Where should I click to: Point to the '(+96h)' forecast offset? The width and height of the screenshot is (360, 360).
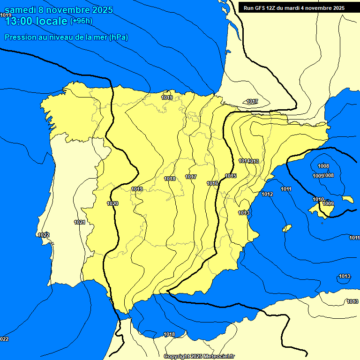pos(81,21)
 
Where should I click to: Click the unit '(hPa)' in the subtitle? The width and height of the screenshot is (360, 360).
pos(119,37)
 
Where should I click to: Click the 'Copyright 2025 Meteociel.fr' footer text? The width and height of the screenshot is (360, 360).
pos(199,356)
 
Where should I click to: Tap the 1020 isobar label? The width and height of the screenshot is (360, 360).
pos(112,203)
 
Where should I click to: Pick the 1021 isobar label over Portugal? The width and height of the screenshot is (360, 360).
pos(80,222)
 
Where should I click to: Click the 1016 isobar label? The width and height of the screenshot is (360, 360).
pos(212,183)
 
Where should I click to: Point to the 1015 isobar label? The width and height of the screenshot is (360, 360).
pos(231,176)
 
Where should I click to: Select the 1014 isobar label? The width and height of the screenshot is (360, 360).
pos(243,161)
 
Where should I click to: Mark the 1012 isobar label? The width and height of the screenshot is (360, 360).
pos(267,194)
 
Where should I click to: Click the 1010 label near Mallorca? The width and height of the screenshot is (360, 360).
pos(318,199)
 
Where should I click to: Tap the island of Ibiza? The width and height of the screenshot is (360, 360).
pos(287,228)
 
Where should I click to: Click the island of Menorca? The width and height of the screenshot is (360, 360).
pos(348,199)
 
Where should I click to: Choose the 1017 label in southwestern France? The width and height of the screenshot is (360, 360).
pos(252,101)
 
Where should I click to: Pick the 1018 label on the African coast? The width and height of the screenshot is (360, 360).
pos(169,334)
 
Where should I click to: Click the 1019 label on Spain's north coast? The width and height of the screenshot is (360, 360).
pos(167,97)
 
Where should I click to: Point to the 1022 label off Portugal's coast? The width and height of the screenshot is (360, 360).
pos(44,235)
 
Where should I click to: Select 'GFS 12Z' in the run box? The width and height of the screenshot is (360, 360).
pos(264,8)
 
